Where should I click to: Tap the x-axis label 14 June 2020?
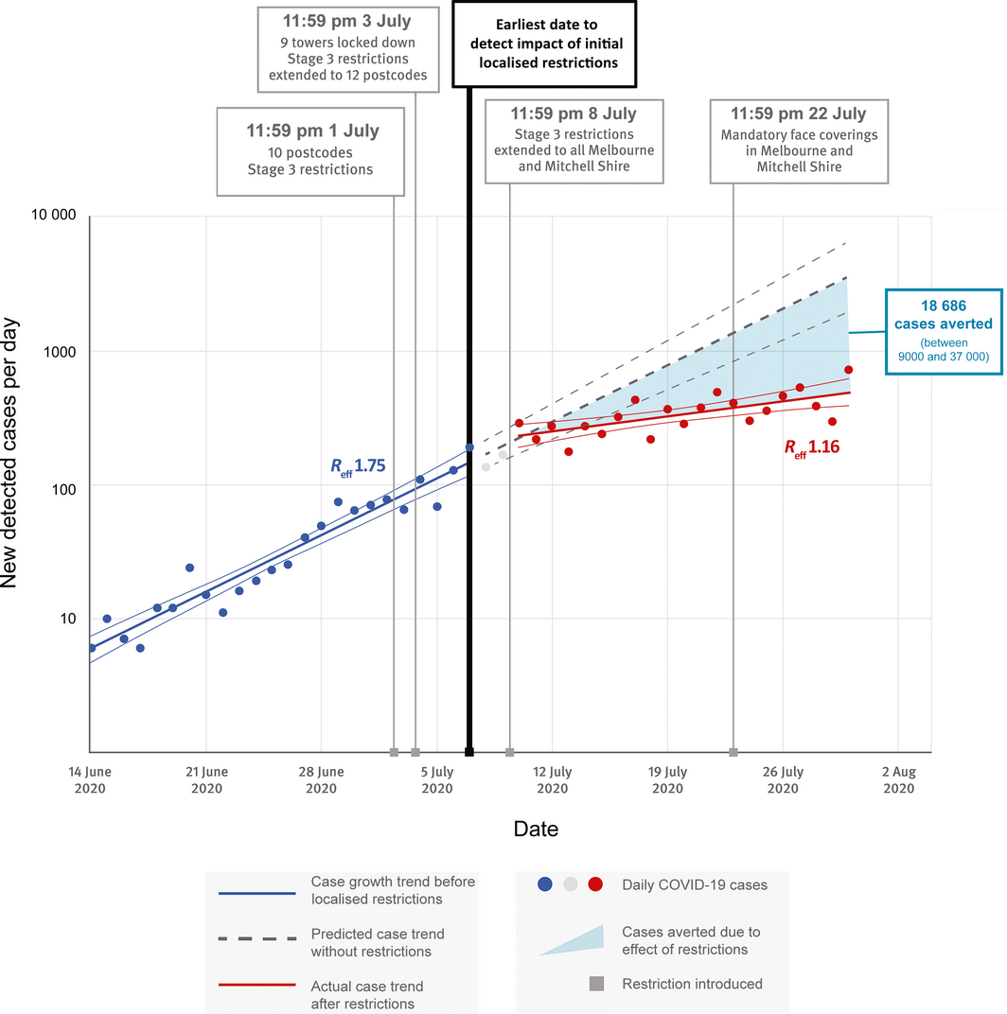click(90, 780)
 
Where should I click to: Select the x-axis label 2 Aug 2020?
click(898, 780)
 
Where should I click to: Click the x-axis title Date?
click(536, 830)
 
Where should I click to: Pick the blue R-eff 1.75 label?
click(357, 465)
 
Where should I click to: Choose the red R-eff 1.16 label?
click(811, 447)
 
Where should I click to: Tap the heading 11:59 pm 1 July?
click(311, 130)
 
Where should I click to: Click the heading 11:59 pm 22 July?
click(799, 114)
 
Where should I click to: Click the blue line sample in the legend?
click(256, 892)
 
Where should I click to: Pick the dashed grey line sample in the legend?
click(256, 937)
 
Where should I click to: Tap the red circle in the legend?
click(595, 884)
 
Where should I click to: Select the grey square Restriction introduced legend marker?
click(596, 984)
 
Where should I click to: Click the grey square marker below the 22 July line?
click(733, 752)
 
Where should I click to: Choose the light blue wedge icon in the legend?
click(572, 940)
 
